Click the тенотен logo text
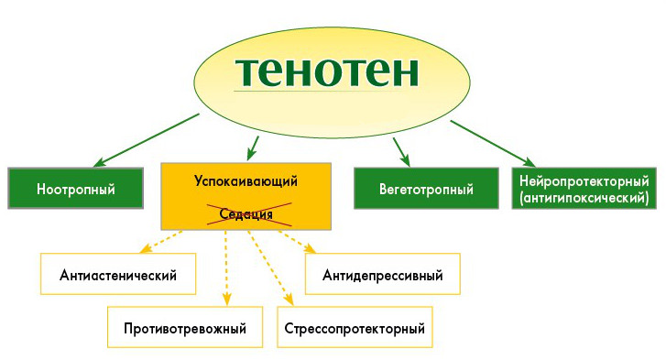(326, 72)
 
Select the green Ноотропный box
(75, 190)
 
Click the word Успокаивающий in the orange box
(246, 180)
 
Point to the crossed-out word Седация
(246, 214)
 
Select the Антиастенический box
(116, 274)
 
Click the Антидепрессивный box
(383, 274)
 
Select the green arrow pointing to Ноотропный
(147, 139)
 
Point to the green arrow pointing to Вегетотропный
(400, 150)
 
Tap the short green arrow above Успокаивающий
(253, 147)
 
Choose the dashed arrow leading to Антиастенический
(161, 241)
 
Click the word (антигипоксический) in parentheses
(584, 197)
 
